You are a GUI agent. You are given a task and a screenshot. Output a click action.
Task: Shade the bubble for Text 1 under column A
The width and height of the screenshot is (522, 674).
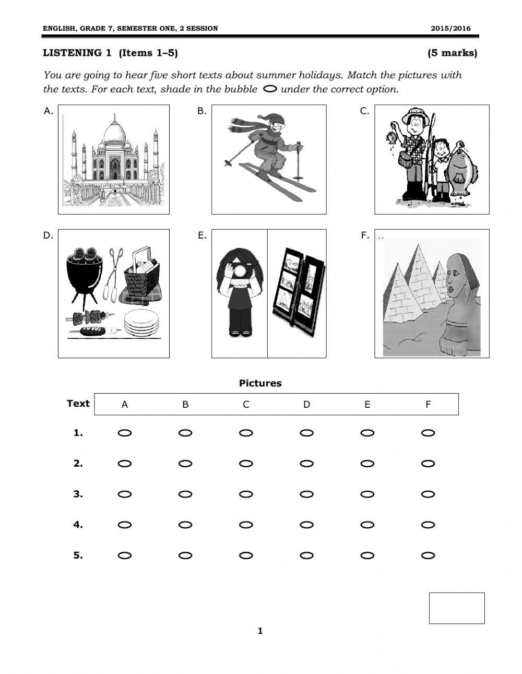click(125, 433)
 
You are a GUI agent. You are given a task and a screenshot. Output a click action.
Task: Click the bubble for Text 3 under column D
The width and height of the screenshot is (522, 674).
click(307, 494)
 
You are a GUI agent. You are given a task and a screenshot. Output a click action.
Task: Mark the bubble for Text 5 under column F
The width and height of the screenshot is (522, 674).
click(428, 555)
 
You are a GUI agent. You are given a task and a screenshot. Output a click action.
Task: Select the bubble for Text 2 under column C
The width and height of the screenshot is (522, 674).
click(246, 464)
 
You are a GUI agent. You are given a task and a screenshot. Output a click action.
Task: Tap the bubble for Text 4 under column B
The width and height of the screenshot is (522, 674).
click(185, 525)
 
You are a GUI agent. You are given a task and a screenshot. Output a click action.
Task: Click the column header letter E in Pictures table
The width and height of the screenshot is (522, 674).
click(367, 405)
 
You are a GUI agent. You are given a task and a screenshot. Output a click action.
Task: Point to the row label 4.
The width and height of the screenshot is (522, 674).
click(78, 525)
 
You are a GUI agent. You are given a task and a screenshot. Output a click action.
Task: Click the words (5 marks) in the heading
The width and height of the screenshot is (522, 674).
click(452, 53)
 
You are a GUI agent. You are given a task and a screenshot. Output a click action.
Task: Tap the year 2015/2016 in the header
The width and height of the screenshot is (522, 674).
click(450, 28)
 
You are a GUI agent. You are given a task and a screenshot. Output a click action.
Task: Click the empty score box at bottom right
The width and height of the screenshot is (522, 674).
click(457, 608)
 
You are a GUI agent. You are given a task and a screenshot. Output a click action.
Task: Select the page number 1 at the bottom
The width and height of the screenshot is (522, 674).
click(260, 631)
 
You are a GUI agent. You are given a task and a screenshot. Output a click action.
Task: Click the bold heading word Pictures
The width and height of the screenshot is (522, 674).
click(260, 383)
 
